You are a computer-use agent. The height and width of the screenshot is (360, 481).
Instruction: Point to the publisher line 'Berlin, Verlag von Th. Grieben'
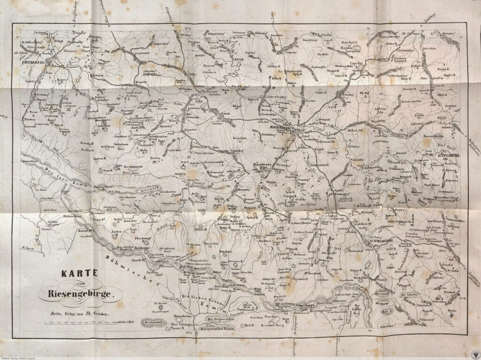pos(81,313)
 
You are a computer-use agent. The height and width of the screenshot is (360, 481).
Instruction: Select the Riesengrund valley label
pos(321,311)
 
